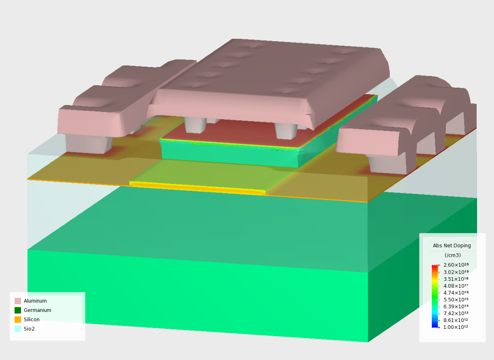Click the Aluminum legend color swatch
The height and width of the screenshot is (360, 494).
(18, 301)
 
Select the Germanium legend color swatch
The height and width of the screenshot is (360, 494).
(18, 310)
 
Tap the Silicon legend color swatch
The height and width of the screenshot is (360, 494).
(18, 319)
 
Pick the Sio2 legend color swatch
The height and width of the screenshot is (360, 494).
(18, 329)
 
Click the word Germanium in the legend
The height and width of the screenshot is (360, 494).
(38, 310)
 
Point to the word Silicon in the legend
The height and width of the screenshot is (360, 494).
(32, 319)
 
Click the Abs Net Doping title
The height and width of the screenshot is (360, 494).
(452, 246)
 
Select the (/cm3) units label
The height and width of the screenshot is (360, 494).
(452, 255)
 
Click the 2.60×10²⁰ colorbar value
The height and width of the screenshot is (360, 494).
(456, 265)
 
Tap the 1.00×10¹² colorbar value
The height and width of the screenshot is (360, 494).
(456, 327)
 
